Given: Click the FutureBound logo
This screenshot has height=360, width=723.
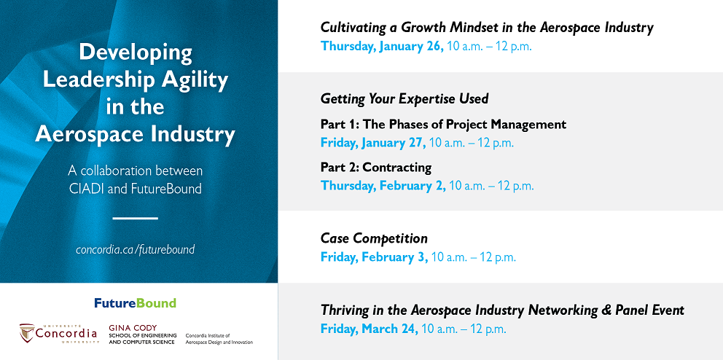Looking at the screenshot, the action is coord(135,303).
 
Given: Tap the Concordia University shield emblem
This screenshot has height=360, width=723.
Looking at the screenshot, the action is coord(27,333).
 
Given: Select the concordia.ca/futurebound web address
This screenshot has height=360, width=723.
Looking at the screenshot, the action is coord(135,250).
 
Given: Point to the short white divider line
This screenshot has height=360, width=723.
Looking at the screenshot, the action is coord(135,218).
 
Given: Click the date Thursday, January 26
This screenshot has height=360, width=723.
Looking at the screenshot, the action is coord(382,47).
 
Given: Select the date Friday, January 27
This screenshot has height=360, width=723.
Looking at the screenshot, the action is coord(373,143).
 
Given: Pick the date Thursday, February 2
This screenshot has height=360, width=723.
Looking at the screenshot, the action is coord(383,186).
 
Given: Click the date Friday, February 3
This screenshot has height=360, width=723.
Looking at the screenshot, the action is coord(375,257).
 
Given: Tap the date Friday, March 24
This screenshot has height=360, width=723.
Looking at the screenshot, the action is coord(370,329).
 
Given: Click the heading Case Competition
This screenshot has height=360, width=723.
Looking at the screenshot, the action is coord(374,238).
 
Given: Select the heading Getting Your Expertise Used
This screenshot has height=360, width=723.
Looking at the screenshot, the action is coord(405,98).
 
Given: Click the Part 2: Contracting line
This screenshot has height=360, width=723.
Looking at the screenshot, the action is coord(376,167).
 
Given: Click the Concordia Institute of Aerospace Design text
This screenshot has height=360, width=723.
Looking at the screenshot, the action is coord(219,339).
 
